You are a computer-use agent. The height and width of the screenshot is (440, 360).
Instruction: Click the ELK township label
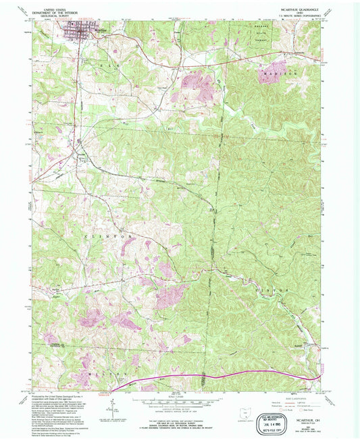point(113,69)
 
